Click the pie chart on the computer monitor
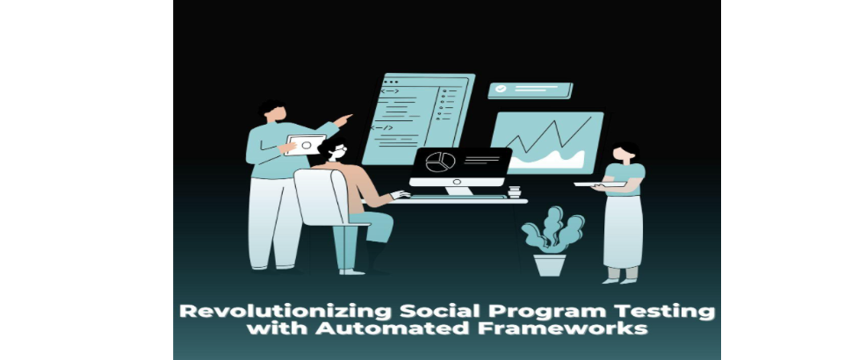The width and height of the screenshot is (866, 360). [x=440, y=162]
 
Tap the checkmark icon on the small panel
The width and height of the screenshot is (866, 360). [x=501, y=89]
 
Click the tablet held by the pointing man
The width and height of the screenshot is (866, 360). [x=305, y=145]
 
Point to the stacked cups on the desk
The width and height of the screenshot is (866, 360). [x=514, y=191]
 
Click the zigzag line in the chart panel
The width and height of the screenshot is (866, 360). [x=548, y=136]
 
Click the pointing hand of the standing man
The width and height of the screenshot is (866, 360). [x=343, y=119]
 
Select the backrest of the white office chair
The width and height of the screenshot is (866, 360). [x=319, y=197]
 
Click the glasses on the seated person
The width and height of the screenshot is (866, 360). [x=339, y=149]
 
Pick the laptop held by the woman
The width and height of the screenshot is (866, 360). [x=600, y=184]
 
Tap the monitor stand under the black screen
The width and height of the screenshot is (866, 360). [x=458, y=191]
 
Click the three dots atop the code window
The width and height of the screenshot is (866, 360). [x=390, y=82]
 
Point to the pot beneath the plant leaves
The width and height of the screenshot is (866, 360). [x=550, y=265]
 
